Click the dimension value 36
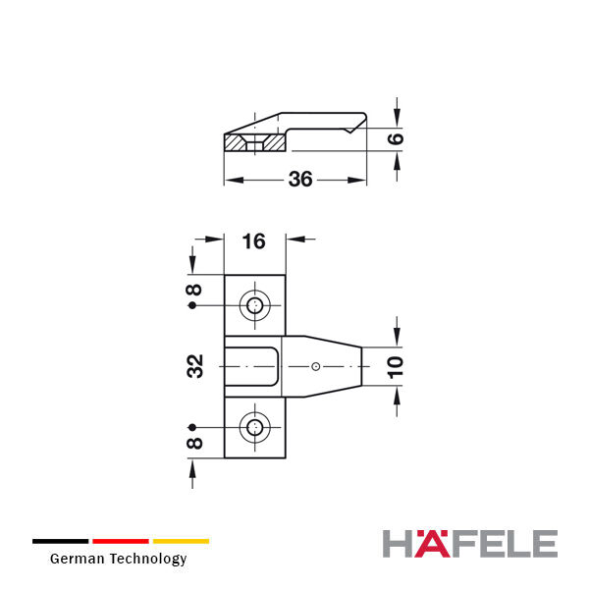point(300,180)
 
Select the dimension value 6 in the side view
point(396,138)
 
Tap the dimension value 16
point(254,241)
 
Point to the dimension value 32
point(195,366)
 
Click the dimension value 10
point(396,367)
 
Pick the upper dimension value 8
point(194,290)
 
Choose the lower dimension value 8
point(194,444)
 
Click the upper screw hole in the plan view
point(255,305)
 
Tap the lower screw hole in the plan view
point(255,427)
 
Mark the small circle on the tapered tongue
point(316,366)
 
